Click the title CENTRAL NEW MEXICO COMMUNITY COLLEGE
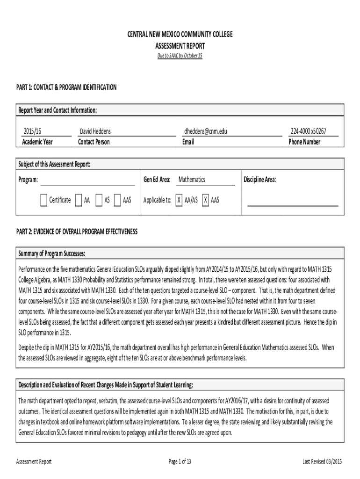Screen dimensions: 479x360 click(180, 35)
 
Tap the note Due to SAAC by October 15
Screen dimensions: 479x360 click(180, 56)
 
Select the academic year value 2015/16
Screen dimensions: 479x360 click(32, 132)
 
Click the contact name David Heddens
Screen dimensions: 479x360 click(95, 132)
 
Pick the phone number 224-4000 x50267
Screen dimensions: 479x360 click(308, 132)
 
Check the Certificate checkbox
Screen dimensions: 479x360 click(43, 200)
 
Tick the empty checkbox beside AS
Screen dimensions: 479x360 click(99, 200)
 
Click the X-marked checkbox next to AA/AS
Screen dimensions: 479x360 click(179, 200)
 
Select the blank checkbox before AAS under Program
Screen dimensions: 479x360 click(117, 200)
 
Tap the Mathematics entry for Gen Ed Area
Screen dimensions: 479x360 click(192, 180)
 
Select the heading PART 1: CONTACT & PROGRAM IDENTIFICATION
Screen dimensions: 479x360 click(66, 87)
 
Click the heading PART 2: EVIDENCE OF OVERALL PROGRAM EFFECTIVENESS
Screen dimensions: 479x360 click(77, 232)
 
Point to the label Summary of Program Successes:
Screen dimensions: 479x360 click(51, 254)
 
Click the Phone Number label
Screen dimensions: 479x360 click(304, 142)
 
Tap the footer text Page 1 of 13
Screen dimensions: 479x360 click(180, 462)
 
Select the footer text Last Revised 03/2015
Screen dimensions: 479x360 click(322, 462)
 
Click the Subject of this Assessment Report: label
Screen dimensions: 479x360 click(54, 164)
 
